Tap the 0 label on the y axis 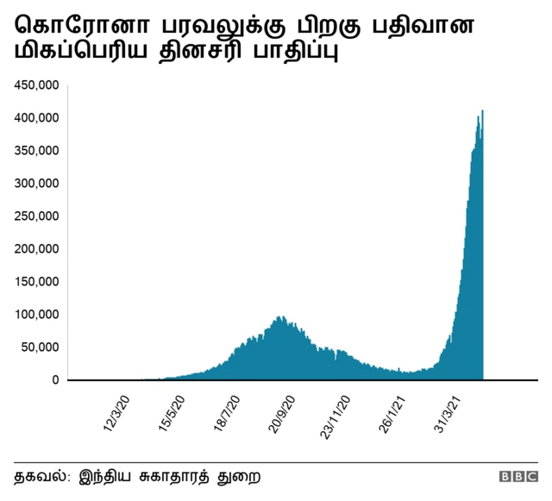point(54,380)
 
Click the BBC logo point(517,476)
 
